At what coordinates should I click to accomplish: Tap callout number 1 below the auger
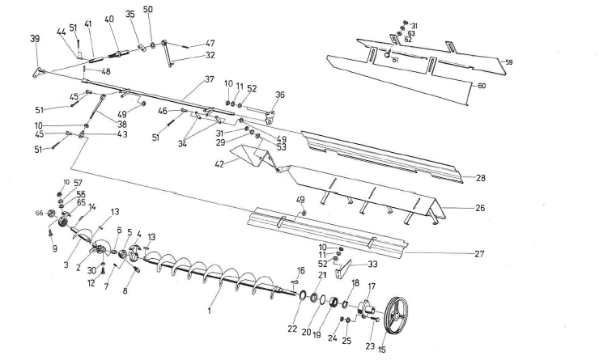(x=209, y=310)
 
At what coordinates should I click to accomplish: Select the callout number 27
(x=480, y=254)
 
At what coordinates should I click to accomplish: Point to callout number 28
(x=480, y=177)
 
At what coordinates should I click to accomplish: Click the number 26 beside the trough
(x=479, y=208)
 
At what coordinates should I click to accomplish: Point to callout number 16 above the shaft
(x=300, y=270)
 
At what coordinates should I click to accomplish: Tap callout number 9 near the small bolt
(x=56, y=249)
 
